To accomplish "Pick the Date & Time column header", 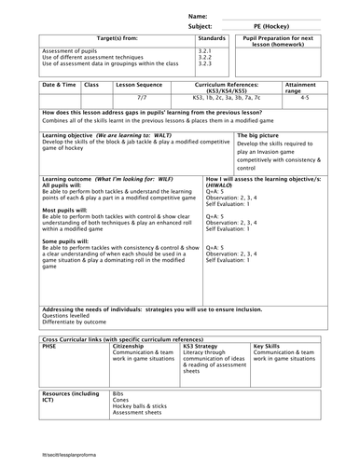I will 58,85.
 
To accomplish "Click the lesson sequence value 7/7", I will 141,96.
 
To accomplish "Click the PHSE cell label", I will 51,345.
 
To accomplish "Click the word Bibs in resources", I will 118,394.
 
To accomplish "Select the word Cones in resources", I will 120,402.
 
